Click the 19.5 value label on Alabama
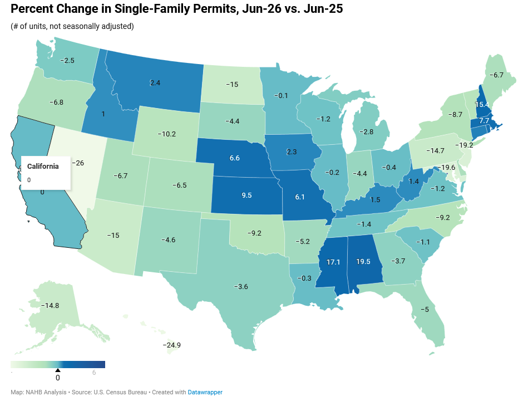(363, 262)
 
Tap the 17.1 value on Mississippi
(333, 262)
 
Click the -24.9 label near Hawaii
(171, 345)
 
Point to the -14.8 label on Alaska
(50, 306)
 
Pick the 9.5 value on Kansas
(246, 195)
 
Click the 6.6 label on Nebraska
(234, 158)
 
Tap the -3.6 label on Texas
(241, 286)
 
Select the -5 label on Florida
(425, 310)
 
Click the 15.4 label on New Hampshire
(482, 105)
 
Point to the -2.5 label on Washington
(67, 61)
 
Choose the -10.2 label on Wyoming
(167, 134)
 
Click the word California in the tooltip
(43, 167)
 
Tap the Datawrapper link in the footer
(205, 392)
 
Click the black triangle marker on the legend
(58, 370)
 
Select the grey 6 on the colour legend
(94, 373)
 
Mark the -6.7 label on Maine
(496, 75)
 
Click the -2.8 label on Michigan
(366, 132)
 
